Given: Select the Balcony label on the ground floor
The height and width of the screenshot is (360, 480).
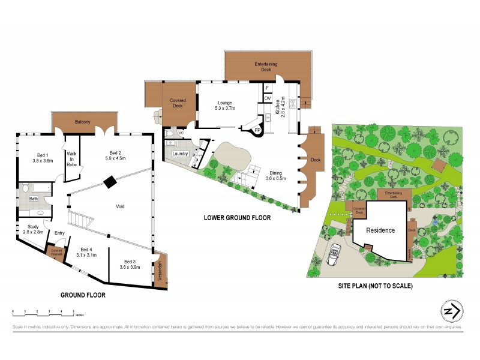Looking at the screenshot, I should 82,122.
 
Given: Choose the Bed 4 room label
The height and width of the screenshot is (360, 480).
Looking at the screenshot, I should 87,253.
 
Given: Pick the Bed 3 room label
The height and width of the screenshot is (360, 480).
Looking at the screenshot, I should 131,265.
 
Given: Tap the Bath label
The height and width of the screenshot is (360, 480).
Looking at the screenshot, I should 34,198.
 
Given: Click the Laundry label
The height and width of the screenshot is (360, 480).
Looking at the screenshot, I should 181,154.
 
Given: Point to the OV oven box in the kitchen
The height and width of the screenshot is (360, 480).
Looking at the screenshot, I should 268,98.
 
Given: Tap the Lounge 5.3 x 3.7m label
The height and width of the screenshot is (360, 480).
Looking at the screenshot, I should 225,106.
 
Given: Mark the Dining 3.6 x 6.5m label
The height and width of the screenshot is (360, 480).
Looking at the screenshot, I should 277,175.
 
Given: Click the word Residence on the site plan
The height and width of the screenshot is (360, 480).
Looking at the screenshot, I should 380,230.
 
